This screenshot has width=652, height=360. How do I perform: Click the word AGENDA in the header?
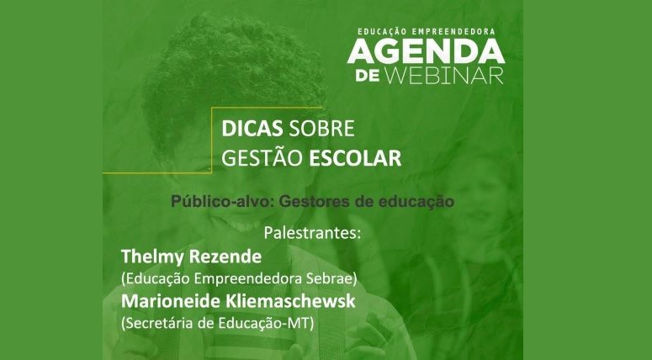click(427, 51)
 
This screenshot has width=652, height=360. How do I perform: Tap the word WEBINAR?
click(444, 76)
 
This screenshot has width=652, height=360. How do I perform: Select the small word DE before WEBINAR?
click(367, 76)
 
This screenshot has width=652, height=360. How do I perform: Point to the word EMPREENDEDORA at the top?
click(453, 32)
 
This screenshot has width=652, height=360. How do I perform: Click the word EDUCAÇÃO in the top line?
click(383, 32)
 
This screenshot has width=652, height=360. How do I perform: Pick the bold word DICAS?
click(252, 129)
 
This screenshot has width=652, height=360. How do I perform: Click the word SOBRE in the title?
click(321, 129)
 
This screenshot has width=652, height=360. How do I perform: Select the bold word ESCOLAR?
click(356, 158)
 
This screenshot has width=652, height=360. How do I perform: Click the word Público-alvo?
click(222, 202)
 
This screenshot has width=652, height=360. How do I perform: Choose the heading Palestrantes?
click(312, 233)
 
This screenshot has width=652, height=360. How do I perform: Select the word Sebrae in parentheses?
click(337, 279)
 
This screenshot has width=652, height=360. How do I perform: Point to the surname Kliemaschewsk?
click(290, 301)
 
